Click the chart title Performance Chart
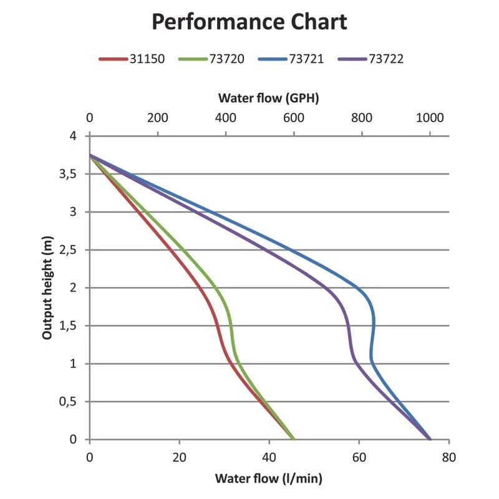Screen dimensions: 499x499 point(249,22)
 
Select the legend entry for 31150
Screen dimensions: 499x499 point(132,59)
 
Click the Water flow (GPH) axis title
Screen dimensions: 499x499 point(269,98)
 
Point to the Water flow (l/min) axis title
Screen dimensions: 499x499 point(269,478)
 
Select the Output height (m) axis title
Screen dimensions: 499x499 point(47,288)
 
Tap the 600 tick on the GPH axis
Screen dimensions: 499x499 point(294,118)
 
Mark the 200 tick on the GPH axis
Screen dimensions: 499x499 point(158,118)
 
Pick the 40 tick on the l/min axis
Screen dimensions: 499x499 point(269,457)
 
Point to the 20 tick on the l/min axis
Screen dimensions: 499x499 point(180,457)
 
